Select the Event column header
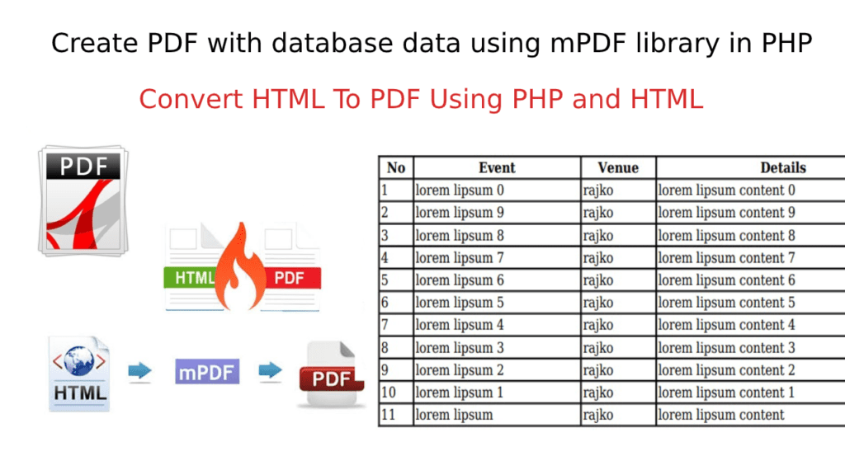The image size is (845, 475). (497, 168)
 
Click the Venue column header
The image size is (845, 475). (618, 168)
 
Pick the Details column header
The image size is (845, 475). (783, 168)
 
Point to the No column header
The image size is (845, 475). (396, 168)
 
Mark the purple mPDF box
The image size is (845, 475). (207, 372)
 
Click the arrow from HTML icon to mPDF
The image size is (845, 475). (140, 370)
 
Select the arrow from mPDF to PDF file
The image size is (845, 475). (271, 370)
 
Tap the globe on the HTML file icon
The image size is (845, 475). (78, 360)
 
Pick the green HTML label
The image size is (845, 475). (191, 277)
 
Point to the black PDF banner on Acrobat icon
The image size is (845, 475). (83, 166)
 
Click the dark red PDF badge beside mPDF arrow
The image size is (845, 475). (331, 379)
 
